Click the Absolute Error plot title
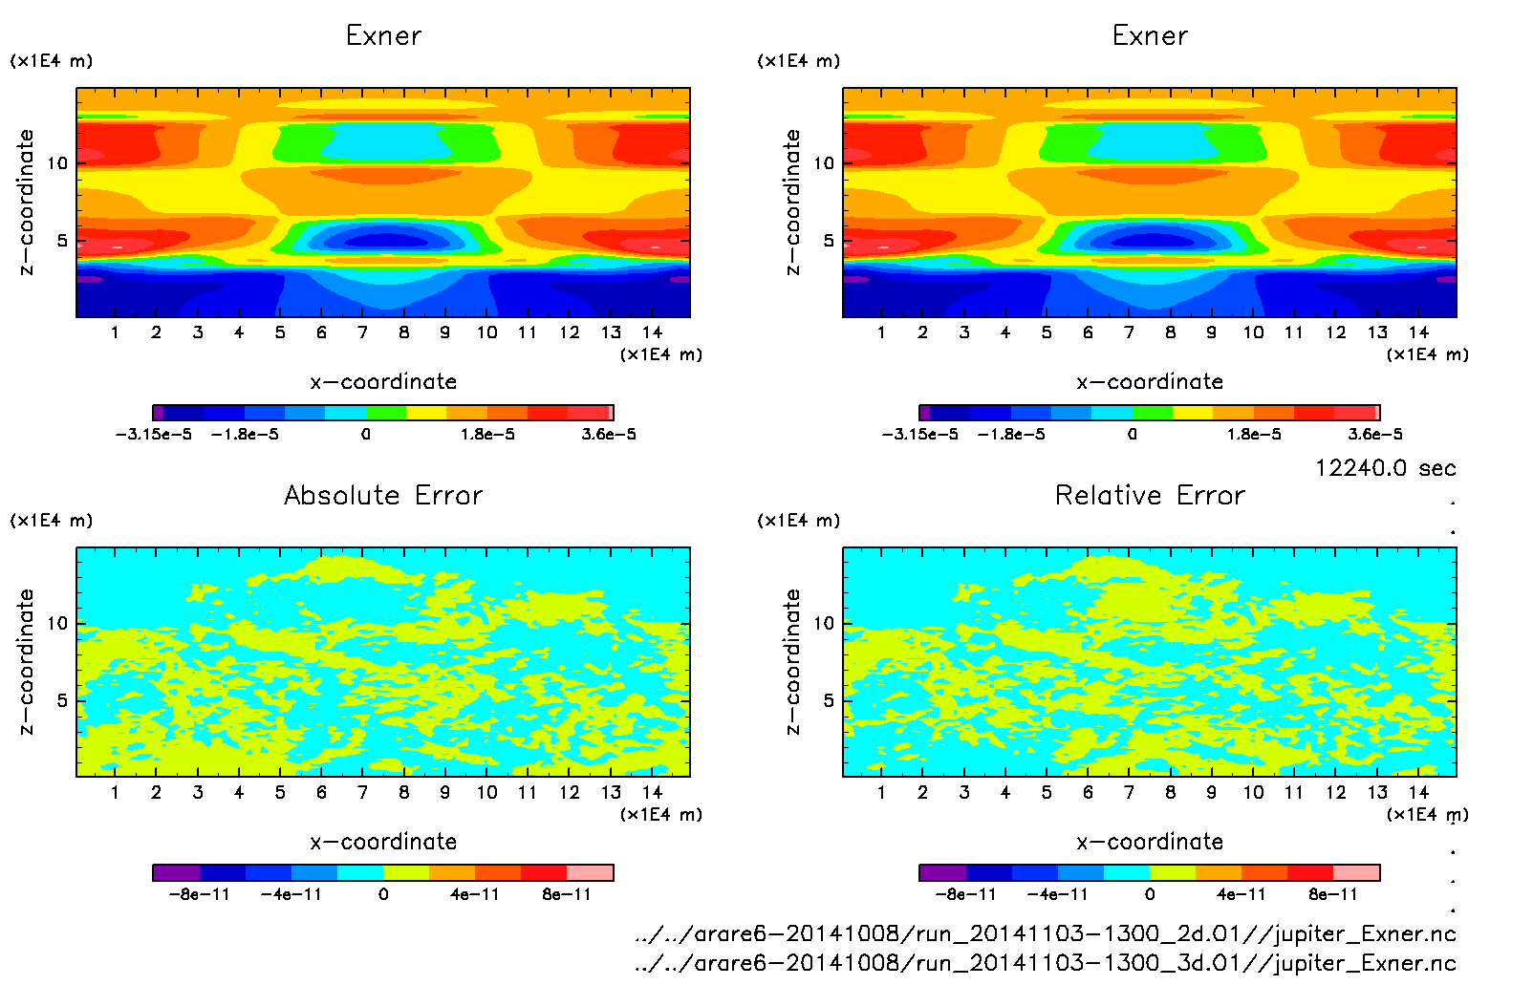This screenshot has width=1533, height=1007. [383, 495]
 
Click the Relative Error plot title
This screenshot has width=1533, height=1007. [1150, 495]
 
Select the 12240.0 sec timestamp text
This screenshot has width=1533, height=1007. [1385, 468]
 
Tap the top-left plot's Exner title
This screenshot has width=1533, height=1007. [383, 36]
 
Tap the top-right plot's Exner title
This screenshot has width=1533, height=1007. [1150, 36]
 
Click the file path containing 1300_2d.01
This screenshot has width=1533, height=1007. [1046, 933]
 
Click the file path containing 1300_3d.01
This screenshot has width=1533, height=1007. [1046, 963]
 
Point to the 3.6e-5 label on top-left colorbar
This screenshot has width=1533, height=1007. [609, 435]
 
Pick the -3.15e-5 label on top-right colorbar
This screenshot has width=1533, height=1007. [919, 435]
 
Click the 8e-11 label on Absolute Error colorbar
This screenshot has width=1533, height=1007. [567, 894]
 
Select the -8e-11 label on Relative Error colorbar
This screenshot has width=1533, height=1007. [965, 894]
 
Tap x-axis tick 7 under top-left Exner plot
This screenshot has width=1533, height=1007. [362, 332]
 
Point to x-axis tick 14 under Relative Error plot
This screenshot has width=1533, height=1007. [1418, 792]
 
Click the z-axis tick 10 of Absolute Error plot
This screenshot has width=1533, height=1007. [57, 624]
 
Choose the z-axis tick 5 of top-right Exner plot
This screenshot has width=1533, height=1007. [828, 241]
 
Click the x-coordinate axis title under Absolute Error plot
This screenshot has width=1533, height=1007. [383, 842]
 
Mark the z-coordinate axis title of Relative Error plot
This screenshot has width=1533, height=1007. [792, 661]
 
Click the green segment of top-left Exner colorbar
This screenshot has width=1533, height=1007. [386, 413]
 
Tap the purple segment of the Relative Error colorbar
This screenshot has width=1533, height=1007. [942, 872]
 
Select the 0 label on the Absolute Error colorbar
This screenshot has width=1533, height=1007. [383, 894]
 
